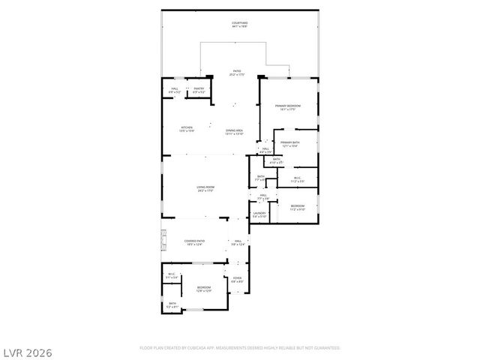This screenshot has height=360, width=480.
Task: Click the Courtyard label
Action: (240, 25)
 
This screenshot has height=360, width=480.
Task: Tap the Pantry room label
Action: (199, 90)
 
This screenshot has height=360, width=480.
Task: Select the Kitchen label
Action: (187, 129)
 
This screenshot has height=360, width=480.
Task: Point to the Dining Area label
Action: (235, 132)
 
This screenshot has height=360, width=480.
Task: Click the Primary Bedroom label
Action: (287, 107)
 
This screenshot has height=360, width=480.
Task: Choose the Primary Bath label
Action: (290, 144)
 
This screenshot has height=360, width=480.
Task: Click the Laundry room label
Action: (259, 214)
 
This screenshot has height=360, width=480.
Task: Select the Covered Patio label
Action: (194, 242)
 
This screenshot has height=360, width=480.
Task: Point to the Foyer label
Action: (237, 279)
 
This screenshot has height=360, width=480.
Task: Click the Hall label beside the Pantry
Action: (174, 90)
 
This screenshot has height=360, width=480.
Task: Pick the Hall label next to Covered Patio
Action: (238, 242)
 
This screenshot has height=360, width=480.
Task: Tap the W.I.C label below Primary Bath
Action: (298, 179)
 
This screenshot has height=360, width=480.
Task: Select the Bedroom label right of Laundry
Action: (298, 207)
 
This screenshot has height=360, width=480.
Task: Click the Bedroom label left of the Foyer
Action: (204, 289)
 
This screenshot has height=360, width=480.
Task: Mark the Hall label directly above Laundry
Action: (263, 196)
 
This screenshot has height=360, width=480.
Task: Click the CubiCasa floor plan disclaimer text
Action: (240, 348)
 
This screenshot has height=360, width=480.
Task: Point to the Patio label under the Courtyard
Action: (236, 73)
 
